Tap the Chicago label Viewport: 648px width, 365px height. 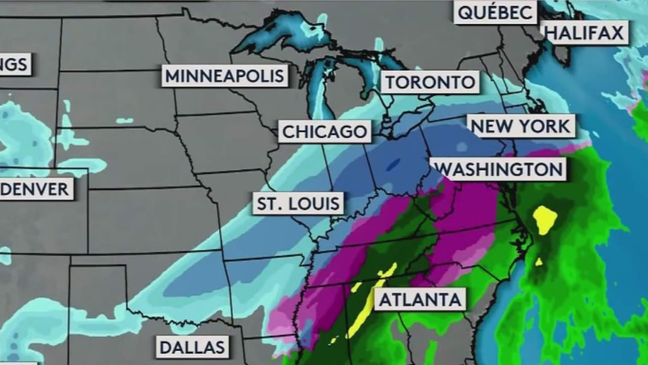(x=325, y=132)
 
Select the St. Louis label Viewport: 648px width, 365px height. (x=298, y=204)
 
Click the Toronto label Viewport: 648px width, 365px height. (x=430, y=83)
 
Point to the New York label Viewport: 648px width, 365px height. (x=520, y=126)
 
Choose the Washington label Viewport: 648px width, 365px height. (x=499, y=169)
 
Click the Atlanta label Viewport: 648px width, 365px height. (x=420, y=300)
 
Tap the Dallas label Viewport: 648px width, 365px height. (x=192, y=347)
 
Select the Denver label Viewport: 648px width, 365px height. (x=35, y=190)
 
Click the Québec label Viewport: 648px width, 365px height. (x=495, y=12)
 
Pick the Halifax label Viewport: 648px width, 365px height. (x=584, y=33)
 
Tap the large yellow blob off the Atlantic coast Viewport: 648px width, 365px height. (x=545, y=219)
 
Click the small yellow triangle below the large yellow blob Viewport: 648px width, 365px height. (x=539, y=262)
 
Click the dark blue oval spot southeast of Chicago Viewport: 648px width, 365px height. (x=392, y=165)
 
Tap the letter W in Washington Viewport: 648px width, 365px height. (x=442, y=169)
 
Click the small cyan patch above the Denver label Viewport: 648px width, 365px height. (x=124, y=121)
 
